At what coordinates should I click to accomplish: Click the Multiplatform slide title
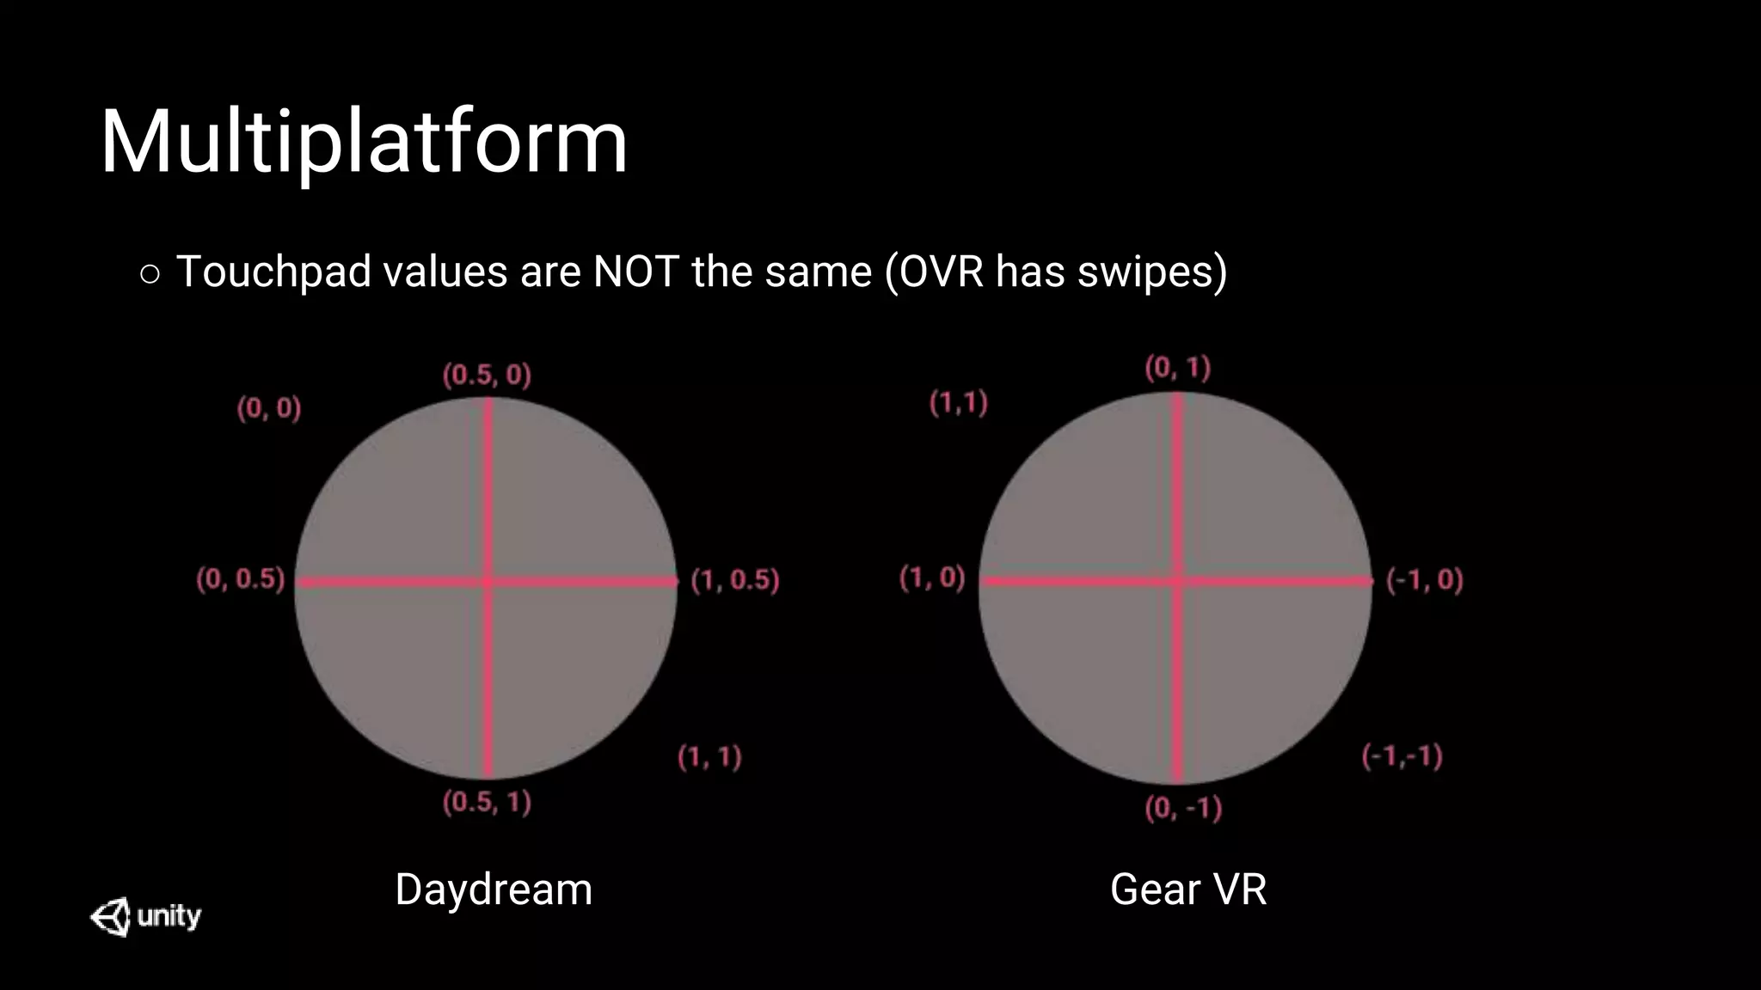click(364, 143)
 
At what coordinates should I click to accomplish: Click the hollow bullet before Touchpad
click(150, 274)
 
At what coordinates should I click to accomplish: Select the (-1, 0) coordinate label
click(1424, 580)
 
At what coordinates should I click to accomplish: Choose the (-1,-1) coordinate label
click(1402, 756)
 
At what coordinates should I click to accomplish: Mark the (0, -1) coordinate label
click(1183, 808)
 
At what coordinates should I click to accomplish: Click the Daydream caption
click(494, 889)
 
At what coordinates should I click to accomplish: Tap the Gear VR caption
click(1188, 889)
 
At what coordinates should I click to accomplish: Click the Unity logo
click(145, 916)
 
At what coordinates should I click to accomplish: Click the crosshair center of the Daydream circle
click(488, 582)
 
